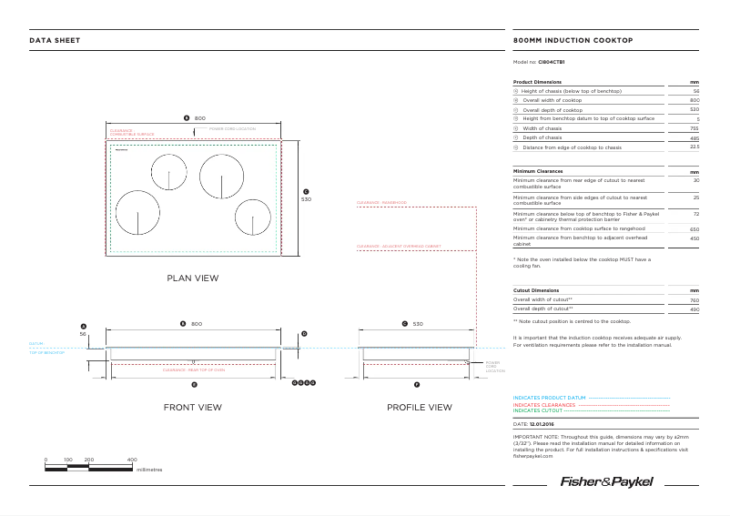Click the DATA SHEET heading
tap(55, 41)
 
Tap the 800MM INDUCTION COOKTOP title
tap(573, 41)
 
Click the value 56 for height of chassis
tap(695, 92)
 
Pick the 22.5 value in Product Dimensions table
tap(694, 147)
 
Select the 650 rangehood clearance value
tap(694, 229)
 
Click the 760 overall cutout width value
tap(694, 299)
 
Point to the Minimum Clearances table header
tap(538, 171)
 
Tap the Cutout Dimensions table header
tap(536, 290)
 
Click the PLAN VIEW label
tap(192, 278)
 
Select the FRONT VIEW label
tap(192, 407)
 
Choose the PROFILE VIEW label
tap(419, 407)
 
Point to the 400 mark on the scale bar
tap(132, 460)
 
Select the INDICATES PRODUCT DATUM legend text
tap(549, 399)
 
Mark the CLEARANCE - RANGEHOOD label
tap(381, 203)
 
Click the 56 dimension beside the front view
tap(83, 334)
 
